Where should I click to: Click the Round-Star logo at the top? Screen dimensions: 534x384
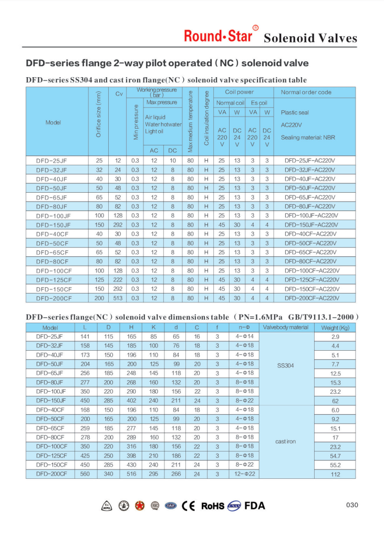218,35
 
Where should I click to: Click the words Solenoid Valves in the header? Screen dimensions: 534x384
310,38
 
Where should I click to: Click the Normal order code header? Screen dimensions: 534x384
306,92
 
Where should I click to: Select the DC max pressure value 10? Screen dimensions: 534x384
172,160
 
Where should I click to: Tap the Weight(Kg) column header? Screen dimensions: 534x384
335,327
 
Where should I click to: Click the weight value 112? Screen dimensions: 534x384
335,474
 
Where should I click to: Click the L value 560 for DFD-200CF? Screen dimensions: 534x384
85,474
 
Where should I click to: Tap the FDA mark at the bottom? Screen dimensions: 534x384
255,506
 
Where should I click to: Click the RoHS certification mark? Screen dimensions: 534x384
213,506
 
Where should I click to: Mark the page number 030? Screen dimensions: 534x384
352,505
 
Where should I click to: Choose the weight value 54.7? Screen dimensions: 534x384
335,456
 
